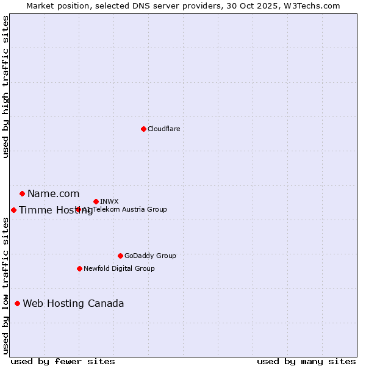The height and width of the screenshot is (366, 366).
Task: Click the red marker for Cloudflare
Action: [143, 129]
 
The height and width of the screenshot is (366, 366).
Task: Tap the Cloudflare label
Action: [163, 129]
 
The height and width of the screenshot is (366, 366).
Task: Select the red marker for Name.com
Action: [22, 194]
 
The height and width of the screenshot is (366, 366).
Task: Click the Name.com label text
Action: [53, 194]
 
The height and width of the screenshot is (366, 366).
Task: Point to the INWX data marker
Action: [96, 201]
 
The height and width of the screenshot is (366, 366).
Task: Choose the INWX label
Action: [109, 201]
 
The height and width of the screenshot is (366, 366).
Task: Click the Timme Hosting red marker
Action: [13, 210]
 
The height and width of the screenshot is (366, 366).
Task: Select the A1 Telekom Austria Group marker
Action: [78, 209]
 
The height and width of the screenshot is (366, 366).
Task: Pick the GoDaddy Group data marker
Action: [120, 256]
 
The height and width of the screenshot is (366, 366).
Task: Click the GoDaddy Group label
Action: [149, 256]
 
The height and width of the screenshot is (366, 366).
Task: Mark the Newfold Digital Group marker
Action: [79, 268]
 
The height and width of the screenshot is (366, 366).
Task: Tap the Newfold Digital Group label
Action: [119, 268]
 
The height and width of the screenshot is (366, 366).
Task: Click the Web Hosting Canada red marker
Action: [17, 303]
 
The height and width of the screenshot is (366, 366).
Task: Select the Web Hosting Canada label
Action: [73, 304]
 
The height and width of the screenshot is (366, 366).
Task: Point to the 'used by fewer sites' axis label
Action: [63, 361]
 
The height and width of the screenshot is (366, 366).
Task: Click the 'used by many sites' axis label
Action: [306, 361]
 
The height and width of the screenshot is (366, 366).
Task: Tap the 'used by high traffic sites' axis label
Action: [6, 87]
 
